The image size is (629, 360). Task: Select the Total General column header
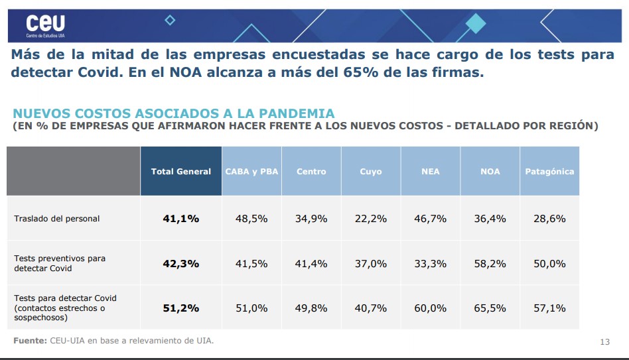tap(180, 171)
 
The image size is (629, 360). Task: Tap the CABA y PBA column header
tap(251, 171)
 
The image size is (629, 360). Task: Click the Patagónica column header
tap(549, 171)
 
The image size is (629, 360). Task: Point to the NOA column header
tap(490, 171)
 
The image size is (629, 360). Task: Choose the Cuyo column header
tap(371, 171)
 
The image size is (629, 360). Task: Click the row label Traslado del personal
tap(57, 218)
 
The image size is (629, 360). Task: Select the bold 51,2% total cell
tap(180, 308)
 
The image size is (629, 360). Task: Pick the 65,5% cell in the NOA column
tap(490, 308)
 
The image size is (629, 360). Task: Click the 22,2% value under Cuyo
tap(371, 218)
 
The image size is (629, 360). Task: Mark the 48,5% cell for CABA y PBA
tap(251, 218)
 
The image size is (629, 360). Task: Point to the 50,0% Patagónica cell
tap(549, 263)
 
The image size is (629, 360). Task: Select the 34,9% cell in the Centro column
tap(311, 218)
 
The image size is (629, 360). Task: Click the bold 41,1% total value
tap(180, 218)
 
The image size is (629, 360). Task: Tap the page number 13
tap(604, 341)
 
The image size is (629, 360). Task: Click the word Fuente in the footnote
tap(30, 341)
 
